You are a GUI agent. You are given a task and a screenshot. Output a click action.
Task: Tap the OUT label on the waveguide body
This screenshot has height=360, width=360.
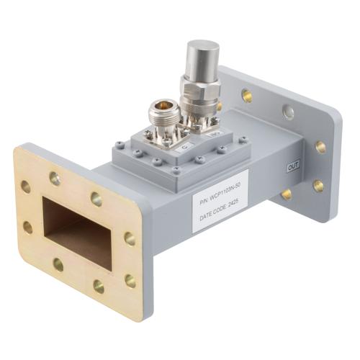pyautogui.click(x=292, y=166)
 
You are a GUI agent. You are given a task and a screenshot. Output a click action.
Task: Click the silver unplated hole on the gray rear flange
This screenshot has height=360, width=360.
pyautogui.click(x=288, y=112)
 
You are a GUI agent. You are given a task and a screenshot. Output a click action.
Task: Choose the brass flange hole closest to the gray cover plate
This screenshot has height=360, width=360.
pyautogui.click(x=96, y=199)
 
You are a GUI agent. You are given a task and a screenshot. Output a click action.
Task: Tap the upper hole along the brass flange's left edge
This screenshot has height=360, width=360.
pyautogui.click(x=26, y=186)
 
